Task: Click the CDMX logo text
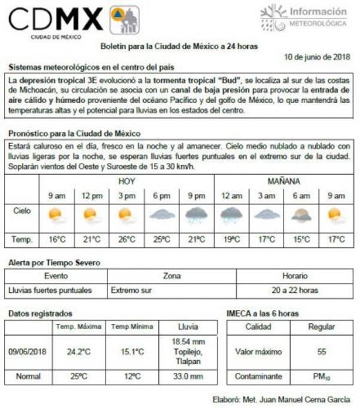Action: [55, 19]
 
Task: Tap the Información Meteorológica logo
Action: [304, 16]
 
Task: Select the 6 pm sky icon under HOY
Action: [161, 214]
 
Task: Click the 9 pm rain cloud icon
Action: [196, 214]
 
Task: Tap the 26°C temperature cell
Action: [126, 238]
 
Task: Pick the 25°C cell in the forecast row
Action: [161, 238]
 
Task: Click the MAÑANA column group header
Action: [284, 180]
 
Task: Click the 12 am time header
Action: [231, 195]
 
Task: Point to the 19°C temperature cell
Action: [231, 238]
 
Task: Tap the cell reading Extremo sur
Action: [132, 290]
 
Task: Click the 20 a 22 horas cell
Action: [295, 290]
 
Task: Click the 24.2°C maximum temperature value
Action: [78, 352]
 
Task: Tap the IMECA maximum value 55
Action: [321, 352]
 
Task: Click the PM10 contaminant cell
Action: [321, 376]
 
